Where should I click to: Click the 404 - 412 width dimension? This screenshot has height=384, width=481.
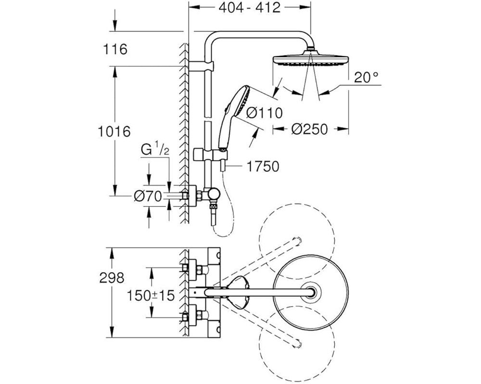pos(249,8)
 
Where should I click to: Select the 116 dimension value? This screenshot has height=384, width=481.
pos(115,49)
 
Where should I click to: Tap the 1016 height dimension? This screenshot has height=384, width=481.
pos(114,132)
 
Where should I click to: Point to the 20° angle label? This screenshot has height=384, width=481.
pos(366,77)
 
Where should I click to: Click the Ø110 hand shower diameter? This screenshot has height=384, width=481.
pos(265,113)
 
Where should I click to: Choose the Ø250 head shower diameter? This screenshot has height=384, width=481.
pos(309,129)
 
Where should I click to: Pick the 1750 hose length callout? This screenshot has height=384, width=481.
pos(263,167)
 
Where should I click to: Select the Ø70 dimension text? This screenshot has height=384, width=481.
pos(148,196)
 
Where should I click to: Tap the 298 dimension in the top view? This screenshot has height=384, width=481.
pos(112,278)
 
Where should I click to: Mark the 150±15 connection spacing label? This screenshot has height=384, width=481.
pos(151,295)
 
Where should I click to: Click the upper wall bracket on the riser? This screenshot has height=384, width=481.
pos(201,66)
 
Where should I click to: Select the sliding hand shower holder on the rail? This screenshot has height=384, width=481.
pos(211,154)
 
